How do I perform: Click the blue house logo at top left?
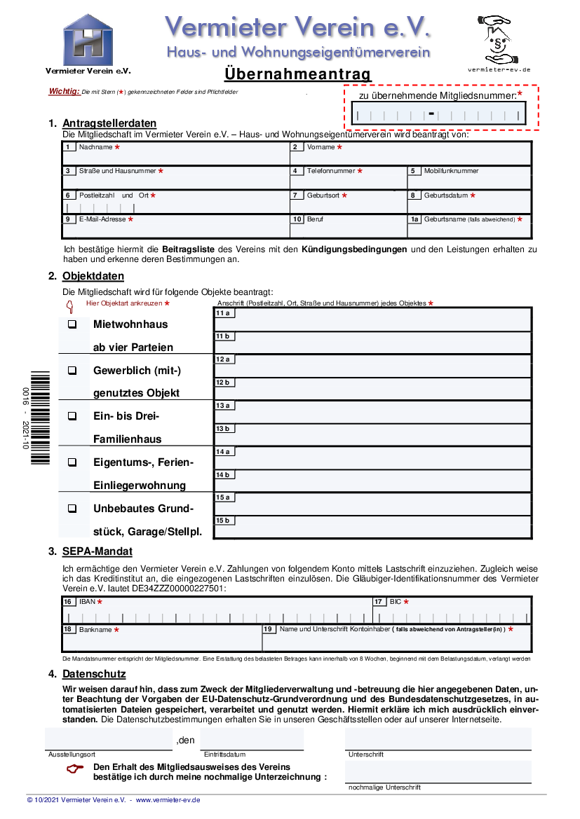(88, 40)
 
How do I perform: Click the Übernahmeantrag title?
(297, 74)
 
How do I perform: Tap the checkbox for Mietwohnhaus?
(72, 324)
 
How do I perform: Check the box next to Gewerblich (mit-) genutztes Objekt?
(72, 371)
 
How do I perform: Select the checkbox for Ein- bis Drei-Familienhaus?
(72, 416)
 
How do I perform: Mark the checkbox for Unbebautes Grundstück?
(72, 509)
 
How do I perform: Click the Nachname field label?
(95, 147)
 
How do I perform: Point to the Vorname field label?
(321, 147)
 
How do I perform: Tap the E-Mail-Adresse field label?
(102, 219)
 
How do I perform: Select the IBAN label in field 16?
(87, 602)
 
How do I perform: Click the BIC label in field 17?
(396, 602)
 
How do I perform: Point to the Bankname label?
(95, 630)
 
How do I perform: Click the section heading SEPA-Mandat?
(97, 551)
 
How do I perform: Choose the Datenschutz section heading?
(94, 674)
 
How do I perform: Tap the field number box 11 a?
(224, 313)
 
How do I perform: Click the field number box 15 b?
(224, 521)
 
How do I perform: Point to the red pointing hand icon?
(74, 769)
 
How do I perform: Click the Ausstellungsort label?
(72, 755)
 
